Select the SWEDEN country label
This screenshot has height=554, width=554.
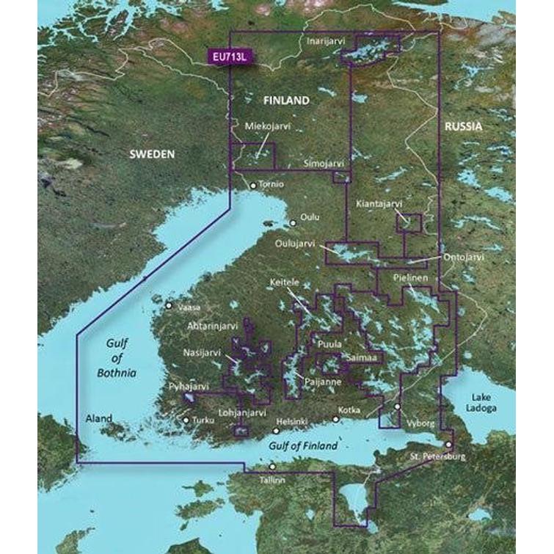tap(153, 154)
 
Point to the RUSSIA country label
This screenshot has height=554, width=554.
tap(463, 127)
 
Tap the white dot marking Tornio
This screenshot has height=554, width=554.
tap(253, 186)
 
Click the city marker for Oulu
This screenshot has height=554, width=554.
tap(293, 223)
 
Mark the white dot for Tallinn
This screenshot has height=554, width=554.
tap(272, 467)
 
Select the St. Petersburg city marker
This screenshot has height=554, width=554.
tap(448, 444)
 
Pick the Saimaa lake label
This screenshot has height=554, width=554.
tap(362, 357)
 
